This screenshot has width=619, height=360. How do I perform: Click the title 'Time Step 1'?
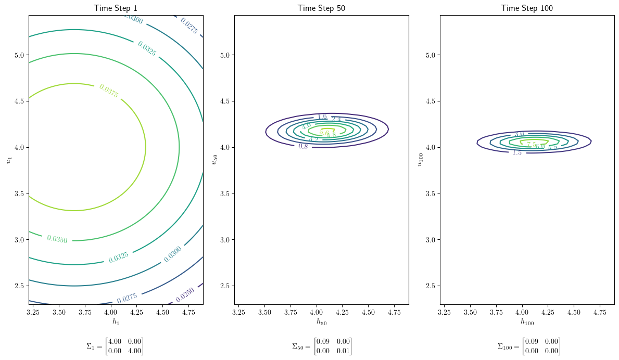coord(116,8)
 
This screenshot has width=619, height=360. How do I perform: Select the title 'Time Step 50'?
coord(321,8)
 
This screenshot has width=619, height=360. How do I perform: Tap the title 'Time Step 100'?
coord(527,8)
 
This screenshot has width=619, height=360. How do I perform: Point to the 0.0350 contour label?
coord(57,239)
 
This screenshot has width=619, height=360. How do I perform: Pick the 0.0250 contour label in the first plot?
coord(186,295)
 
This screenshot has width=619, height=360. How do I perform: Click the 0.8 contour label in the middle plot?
coord(303,147)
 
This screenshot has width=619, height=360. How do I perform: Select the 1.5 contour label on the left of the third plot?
coord(516,152)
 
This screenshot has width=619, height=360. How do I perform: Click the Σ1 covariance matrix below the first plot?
coord(115,346)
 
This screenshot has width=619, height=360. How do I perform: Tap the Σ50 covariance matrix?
coord(321,346)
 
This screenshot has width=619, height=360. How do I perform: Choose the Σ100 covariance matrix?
coord(528,346)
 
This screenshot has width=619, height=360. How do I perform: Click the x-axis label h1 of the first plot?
coord(116,322)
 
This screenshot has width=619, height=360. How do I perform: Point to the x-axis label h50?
coord(321,322)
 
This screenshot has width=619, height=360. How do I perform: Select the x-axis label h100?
coord(527,322)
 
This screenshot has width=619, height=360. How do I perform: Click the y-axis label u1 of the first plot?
coord(9,160)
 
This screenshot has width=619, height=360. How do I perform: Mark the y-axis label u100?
coord(420,160)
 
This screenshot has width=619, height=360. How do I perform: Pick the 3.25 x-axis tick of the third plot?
coord(444,313)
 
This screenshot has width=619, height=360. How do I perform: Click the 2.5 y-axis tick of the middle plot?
coord(225,286)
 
